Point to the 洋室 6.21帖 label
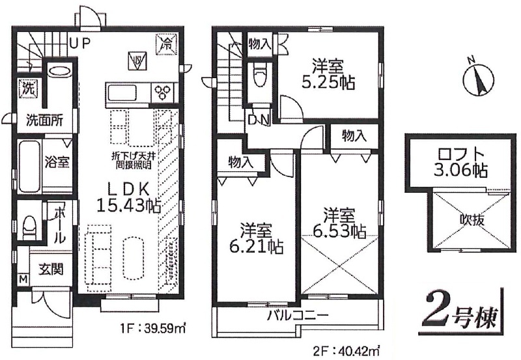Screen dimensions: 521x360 [257, 238]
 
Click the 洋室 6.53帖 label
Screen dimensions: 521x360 [339, 223]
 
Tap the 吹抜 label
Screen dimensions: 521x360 [472, 219]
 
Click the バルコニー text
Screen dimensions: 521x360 [298, 314]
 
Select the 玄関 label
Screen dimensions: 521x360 [51, 269]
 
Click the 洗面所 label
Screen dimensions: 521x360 [44, 120]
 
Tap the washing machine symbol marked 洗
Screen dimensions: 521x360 [28, 88]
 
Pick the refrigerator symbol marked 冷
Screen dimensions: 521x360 [167, 43]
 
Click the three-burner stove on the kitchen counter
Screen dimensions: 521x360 [163, 91]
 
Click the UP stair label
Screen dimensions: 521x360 [80, 43]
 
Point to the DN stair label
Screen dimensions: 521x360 [259, 120]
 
